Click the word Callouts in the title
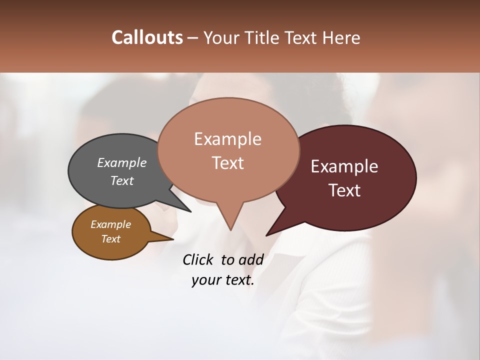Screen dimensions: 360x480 pos(147,38)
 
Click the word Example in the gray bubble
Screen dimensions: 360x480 pos(122,162)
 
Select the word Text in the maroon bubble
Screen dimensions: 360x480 pos(345,190)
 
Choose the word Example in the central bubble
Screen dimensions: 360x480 pos(227,139)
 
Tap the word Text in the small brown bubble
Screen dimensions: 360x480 pos(111,239)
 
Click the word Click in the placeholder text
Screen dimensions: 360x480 pos(198,259)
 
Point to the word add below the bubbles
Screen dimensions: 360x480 pos(250,259)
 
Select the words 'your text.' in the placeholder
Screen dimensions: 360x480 pos(223,280)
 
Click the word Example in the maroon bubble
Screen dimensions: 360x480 pos(344,166)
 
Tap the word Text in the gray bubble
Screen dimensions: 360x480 pos(122,180)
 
